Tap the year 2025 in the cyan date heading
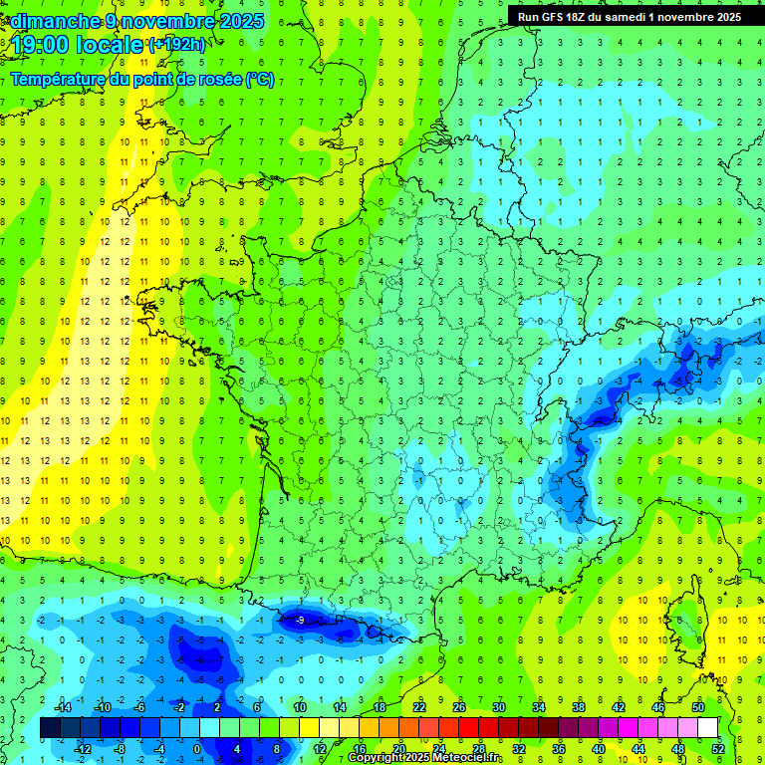point(241,21)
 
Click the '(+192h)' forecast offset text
point(177,45)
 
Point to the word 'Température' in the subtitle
point(61,80)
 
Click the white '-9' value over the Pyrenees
point(300,621)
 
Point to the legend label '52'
point(717,749)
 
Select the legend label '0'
point(197,749)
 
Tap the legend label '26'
point(458,707)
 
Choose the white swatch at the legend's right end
point(707,728)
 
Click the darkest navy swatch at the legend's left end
point(51,728)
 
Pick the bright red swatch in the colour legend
point(468,728)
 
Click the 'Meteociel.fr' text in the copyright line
point(466,758)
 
